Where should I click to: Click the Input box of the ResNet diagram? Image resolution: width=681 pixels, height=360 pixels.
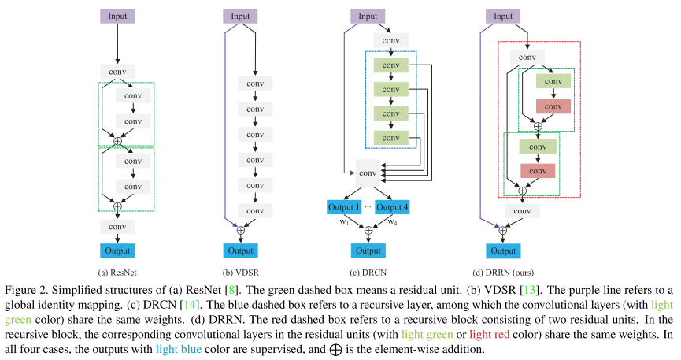(117, 16)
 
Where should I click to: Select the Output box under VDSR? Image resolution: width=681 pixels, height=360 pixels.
(241, 251)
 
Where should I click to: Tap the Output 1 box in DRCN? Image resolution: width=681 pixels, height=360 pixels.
(344, 207)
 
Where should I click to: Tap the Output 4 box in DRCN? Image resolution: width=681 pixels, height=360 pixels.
(391, 207)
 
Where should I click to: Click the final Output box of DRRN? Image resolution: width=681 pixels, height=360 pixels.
(504, 251)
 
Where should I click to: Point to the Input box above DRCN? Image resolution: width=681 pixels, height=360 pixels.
(368, 16)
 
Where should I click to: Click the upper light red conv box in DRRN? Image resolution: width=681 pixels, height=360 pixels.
(538, 106)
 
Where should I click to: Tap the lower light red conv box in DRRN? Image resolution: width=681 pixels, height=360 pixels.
(538, 170)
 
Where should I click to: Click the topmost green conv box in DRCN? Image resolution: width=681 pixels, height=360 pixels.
(391, 65)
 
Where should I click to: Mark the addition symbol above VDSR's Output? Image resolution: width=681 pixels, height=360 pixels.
(241, 230)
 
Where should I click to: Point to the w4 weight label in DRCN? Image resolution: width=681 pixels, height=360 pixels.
(393, 221)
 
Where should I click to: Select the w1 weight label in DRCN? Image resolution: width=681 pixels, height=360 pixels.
(343, 221)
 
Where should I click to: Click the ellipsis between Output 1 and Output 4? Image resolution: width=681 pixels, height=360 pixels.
(368, 206)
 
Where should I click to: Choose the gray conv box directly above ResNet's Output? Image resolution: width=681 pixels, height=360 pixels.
(117, 226)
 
